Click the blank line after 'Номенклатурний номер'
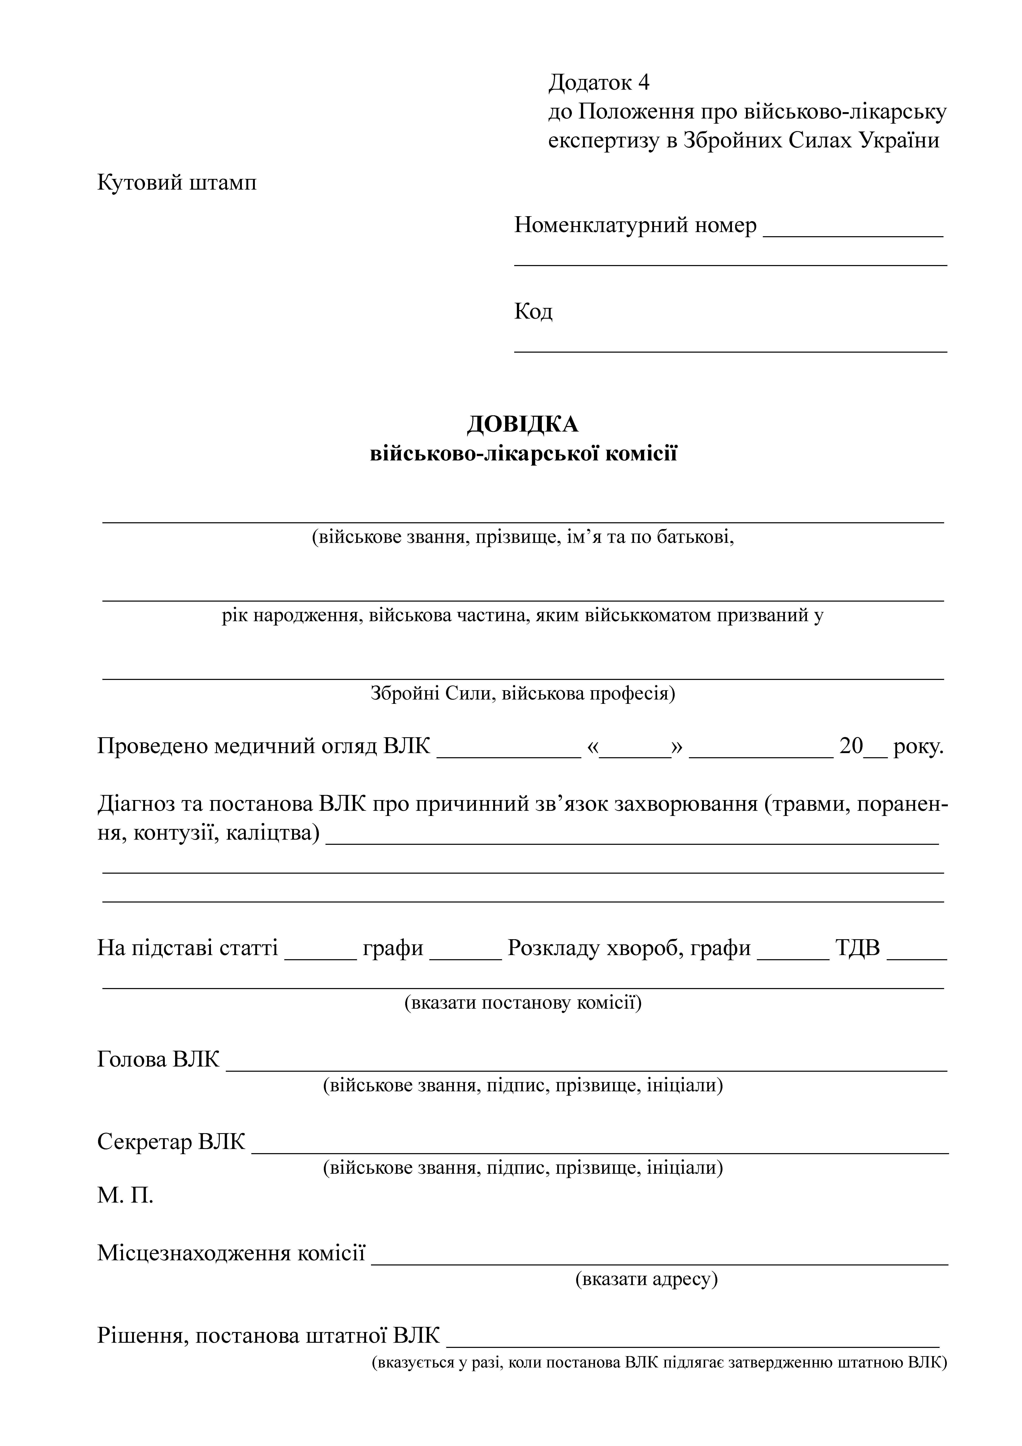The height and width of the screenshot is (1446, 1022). tap(853, 234)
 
